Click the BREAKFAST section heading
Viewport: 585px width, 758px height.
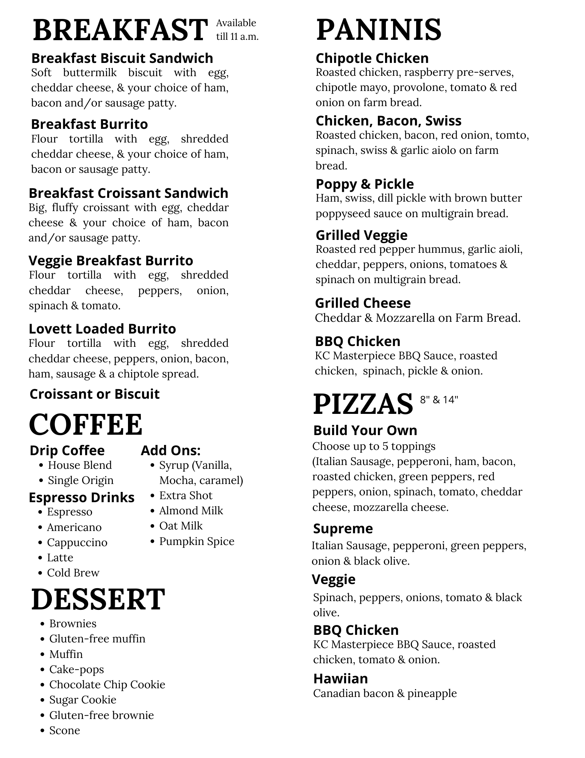coord(120,30)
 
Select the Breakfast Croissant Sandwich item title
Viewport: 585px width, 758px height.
coord(128,193)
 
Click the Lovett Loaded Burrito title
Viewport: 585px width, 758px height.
coord(102,329)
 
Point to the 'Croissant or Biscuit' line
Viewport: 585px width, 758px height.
coord(94,394)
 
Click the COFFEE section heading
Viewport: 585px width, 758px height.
coord(86,424)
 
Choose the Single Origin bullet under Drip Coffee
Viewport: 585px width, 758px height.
coord(80,480)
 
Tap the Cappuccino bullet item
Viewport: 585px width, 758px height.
coord(77,542)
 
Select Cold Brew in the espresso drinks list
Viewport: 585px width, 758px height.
coord(73,573)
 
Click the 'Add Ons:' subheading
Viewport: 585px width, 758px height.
coord(170,450)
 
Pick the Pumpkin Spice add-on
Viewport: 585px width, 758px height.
coord(197,541)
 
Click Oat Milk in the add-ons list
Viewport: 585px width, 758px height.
coord(181,526)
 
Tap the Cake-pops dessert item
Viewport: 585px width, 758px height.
coord(76,669)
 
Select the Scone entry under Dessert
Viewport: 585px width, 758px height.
coord(64,730)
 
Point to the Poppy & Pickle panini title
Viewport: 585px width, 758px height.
coord(365,184)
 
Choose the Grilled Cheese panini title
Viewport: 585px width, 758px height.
coord(363,303)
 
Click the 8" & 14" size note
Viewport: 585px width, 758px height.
coord(439,399)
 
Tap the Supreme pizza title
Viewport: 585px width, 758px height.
coord(343,528)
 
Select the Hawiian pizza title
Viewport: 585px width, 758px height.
coord(340,678)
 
